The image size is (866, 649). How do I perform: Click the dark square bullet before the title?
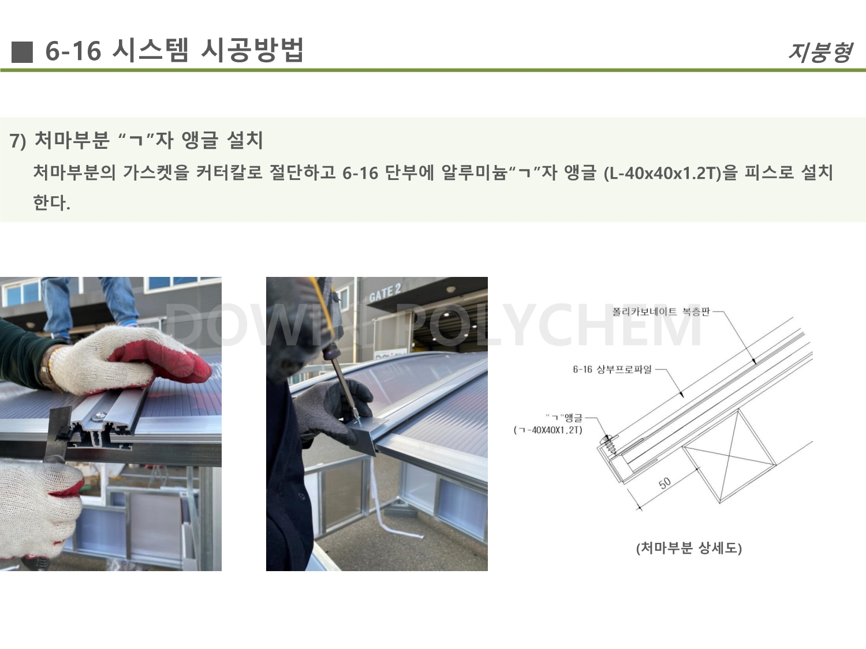(22, 52)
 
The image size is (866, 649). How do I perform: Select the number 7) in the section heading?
(18, 141)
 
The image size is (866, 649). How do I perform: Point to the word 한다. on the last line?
(52, 202)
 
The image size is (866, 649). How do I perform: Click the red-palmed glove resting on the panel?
(130, 359)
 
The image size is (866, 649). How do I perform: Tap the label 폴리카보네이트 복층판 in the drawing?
(661, 312)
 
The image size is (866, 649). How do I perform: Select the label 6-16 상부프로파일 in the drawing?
(612, 370)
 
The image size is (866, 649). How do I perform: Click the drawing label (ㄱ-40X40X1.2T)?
(548, 430)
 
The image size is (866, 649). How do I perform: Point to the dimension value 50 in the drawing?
(665, 483)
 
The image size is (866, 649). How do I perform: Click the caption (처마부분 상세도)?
(689, 548)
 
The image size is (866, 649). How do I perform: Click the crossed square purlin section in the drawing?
(729, 456)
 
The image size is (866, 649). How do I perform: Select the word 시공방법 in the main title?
(252, 50)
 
